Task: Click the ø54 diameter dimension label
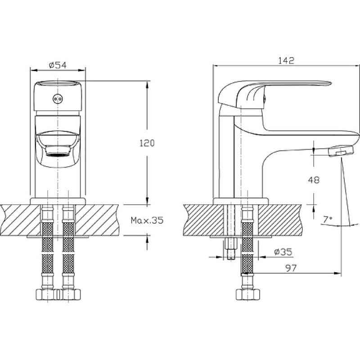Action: [58, 65]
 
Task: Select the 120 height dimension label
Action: [147, 143]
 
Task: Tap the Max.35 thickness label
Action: [147, 220]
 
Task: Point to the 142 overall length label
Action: [286, 61]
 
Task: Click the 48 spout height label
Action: [314, 180]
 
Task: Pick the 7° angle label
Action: [328, 220]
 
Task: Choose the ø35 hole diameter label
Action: [283, 252]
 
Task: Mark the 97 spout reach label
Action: [291, 268]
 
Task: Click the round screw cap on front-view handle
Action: [58, 99]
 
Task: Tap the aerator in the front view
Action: [58, 151]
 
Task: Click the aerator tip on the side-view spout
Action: [341, 151]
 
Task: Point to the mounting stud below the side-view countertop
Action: [231, 248]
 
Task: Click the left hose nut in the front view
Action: [48, 294]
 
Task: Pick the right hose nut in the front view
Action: [69, 294]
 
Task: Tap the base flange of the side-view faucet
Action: [241, 201]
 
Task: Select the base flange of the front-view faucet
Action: [58, 201]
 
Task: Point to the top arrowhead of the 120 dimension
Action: [147, 85]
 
